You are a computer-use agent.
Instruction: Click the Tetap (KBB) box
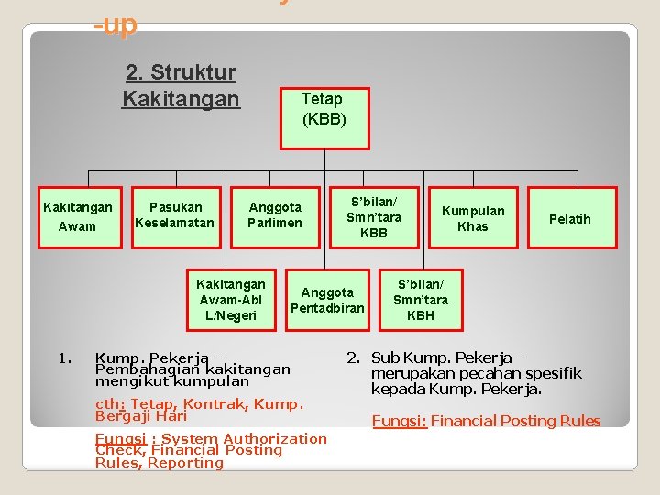324,108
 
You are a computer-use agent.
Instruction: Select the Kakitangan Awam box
78,217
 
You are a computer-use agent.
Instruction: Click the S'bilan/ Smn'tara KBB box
373,217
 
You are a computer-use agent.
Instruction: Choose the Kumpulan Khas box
473,217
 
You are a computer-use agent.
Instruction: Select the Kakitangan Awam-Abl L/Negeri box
230,300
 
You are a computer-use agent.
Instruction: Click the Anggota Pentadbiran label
327,300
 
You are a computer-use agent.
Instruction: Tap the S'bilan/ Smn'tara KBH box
421,300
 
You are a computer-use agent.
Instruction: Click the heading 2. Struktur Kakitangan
180,85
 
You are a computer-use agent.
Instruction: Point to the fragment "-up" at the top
115,26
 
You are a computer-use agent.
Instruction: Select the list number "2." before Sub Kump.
353,357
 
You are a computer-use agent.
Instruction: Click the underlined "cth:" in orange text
110,404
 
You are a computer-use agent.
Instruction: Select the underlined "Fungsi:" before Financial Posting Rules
399,421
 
